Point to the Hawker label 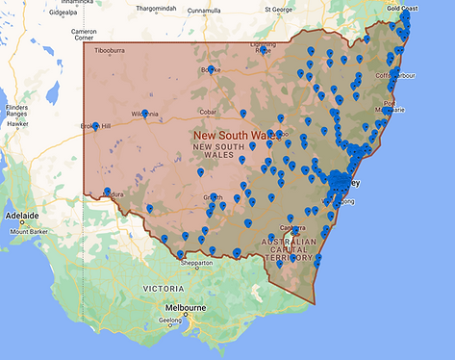pyautogui.click(x=17, y=123)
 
